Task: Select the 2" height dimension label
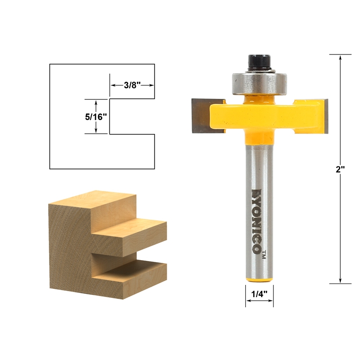[x=340, y=170]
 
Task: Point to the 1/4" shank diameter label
[x=259, y=293]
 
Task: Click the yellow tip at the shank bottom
[x=259, y=280]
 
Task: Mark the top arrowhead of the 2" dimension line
[x=340, y=58]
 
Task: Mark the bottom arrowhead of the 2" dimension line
[x=340, y=280]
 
